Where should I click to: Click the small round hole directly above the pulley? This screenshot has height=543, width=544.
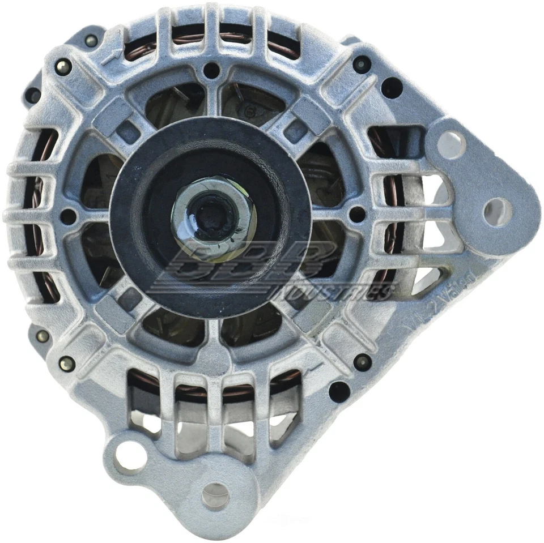coord(211,71)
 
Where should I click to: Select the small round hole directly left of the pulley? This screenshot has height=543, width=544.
coord(68,215)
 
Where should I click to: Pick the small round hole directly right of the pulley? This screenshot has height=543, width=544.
coord(358,213)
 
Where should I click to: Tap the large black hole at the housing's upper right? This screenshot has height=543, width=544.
coord(391,87)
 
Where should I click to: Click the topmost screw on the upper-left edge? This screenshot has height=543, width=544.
coord(90,40)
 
